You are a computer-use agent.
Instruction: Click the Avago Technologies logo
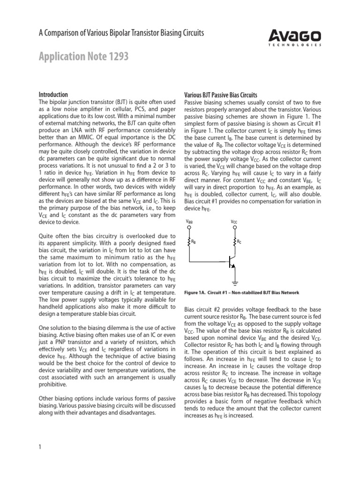coord(295,37)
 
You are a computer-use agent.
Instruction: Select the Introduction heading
coord(52,94)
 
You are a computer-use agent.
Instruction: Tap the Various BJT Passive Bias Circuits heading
coord(221,94)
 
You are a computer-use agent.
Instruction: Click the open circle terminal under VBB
coord(189,228)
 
